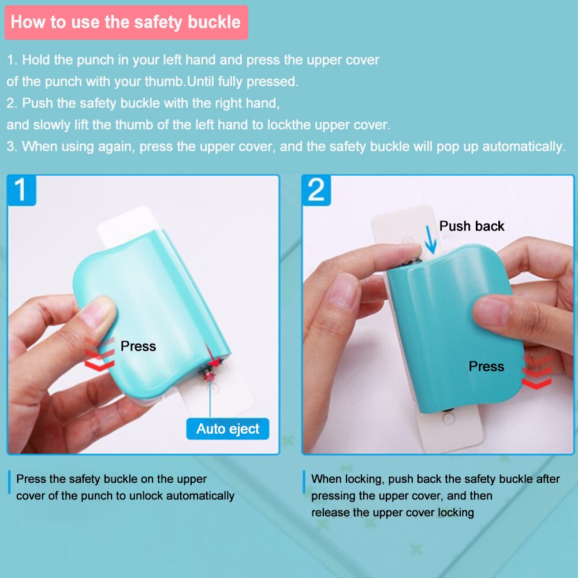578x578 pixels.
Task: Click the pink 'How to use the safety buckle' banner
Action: (x=126, y=23)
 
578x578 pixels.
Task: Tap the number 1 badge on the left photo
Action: (x=21, y=190)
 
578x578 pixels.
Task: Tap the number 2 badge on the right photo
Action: (x=316, y=190)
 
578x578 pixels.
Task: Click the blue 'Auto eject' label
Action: (x=228, y=429)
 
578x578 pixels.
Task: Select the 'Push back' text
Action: (x=471, y=226)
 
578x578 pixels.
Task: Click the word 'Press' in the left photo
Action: (x=138, y=346)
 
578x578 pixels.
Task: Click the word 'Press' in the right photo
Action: (x=486, y=367)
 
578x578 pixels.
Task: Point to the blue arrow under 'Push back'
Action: (x=429, y=241)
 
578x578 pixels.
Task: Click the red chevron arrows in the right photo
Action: (x=536, y=372)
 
